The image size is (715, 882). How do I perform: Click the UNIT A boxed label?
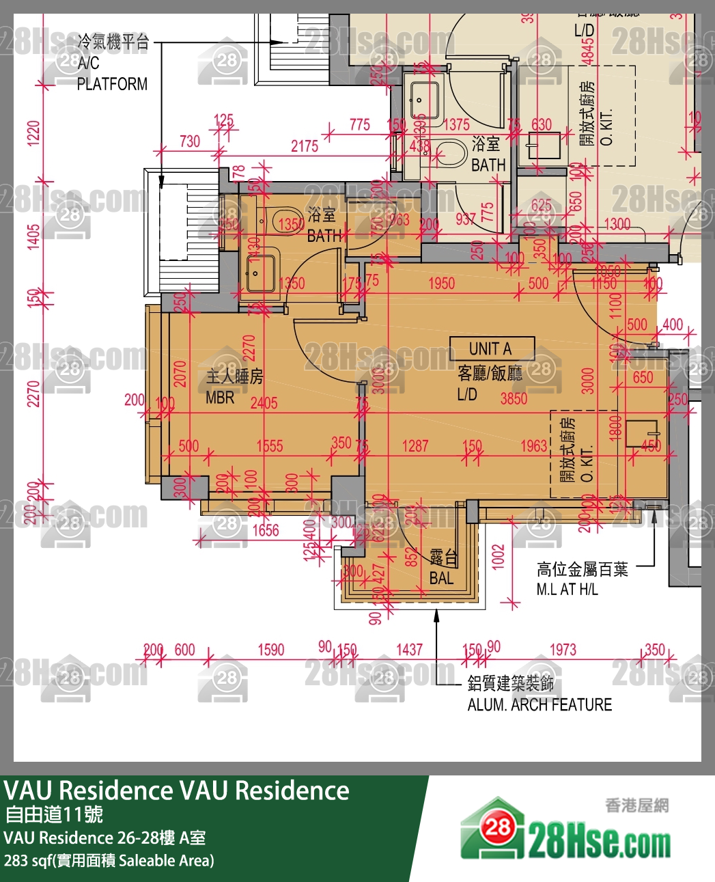(491, 348)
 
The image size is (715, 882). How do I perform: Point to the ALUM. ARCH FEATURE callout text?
(539, 704)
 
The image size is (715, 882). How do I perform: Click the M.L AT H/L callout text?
(567, 589)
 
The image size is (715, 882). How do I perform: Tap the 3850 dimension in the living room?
(514, 398)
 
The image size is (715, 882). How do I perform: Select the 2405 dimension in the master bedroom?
(264, 403)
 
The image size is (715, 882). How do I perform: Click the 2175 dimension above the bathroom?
(305, 146)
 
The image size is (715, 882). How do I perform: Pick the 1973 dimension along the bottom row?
(563, 650)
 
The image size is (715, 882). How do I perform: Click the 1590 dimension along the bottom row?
(271, 650)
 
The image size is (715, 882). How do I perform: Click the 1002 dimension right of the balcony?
(499, 556)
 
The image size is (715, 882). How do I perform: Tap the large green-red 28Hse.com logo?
(565, 831)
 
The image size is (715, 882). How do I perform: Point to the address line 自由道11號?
(54, 814)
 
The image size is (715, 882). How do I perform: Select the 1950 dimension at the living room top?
(441, 283)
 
